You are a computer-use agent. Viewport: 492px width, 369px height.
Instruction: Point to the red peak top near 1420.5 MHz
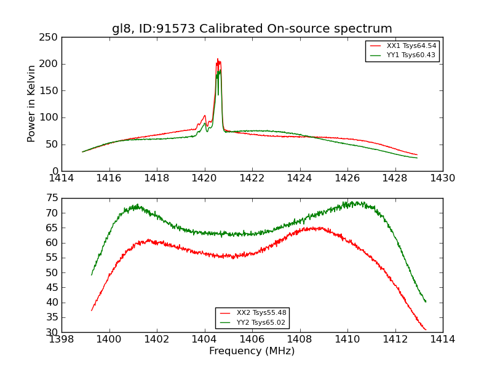(217, 59)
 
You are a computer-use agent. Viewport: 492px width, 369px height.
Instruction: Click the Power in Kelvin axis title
(31, 104)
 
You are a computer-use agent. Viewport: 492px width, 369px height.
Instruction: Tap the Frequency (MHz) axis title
(252, 351)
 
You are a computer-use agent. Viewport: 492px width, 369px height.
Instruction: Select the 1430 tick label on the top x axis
(442, 178)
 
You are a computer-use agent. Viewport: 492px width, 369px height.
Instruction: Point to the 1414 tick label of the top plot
(61, 178)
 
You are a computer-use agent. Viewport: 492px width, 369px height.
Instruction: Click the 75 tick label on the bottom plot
(52, 198)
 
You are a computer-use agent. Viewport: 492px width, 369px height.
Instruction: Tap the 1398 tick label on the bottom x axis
(61, 339)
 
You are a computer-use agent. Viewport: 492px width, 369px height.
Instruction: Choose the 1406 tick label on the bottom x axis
(252, 339)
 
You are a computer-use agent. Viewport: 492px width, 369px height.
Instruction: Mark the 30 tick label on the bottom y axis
(52, 332)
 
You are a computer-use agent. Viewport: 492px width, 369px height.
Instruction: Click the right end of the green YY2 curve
(426, 301)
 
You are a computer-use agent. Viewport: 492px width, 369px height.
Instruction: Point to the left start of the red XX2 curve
(92, 310)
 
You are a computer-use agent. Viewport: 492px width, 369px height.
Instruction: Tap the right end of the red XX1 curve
(417, 155)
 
